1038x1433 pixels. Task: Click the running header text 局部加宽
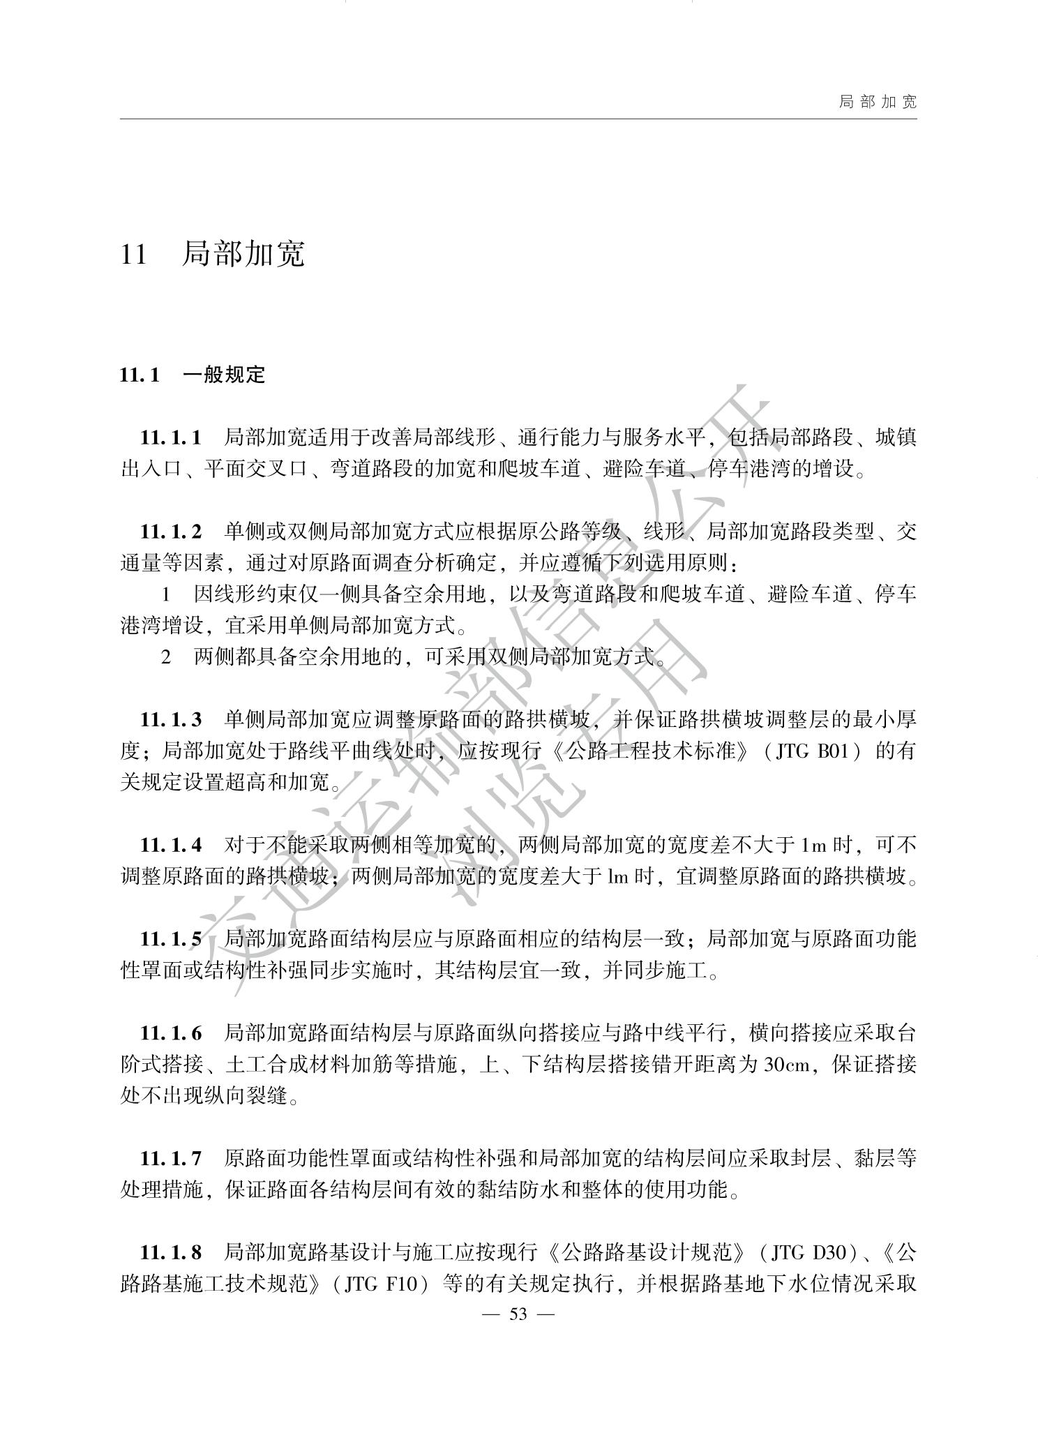click(x=878, y=102)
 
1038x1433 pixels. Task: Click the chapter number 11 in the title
click(x=134, y=254)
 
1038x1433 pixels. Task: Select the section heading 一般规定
click(x=224, y=375)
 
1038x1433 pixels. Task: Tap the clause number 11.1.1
click(x=171, y=438)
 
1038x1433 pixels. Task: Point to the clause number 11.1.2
click(x=171, y=532)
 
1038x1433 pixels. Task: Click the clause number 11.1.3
click(x=171, y=719)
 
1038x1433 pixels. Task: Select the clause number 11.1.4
click(x=171, y=845)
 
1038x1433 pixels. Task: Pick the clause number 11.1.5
click(x=171, y=939)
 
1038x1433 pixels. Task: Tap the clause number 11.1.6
click(x=171, y=1033)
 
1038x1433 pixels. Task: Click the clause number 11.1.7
click(x=171, y=1159)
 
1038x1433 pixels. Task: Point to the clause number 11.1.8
click(x=171, y=1252)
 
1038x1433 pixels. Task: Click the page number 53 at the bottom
click(x=518, y=1314)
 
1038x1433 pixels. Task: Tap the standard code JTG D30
click(x=814, y=1253)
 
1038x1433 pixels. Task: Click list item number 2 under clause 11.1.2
click(x=166, y=657)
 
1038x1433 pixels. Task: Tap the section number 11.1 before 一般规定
click(x=140, y=375)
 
